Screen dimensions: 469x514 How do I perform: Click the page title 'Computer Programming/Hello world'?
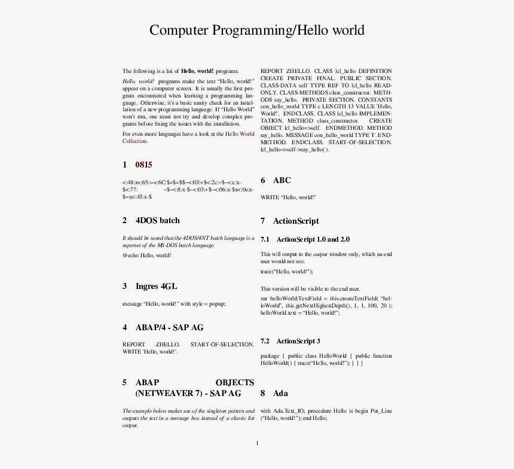(x=256, y=31)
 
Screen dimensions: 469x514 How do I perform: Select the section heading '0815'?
(x=143, y=165)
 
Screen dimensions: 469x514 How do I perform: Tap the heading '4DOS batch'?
(x=157, y=220)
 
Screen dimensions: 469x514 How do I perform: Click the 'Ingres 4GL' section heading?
(x=156, y=286)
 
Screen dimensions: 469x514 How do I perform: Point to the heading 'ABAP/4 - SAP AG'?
(x=169, y=327)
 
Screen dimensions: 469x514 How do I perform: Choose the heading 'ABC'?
(x=282, y=180)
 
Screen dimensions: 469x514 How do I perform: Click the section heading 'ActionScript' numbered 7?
(x=296, y=221)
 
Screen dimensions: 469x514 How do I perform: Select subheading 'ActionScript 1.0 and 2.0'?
(x=313, y=239)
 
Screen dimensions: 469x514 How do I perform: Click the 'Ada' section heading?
(x=280, y=393)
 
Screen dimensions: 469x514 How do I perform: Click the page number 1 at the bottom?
(x=257, y=443)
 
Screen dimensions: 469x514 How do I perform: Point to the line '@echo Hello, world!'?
(x=146, y=255)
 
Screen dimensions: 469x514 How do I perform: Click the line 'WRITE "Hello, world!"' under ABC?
(x=288, y=197)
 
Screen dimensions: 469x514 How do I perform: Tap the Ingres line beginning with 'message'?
(x=174, y=303)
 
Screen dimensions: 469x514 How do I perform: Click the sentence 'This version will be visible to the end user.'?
(x=310, y=289)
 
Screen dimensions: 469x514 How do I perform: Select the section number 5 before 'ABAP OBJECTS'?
(x=125, y=382)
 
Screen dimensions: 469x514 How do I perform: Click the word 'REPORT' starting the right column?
(x=272, y=71)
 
